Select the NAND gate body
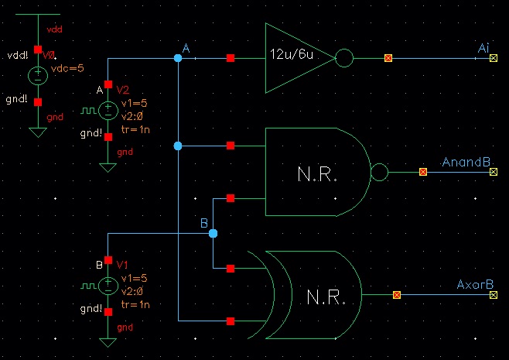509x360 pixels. coord(317,172)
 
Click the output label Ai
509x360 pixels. coord(483,49)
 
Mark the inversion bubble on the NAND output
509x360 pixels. coord(380,172)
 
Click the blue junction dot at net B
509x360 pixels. coord(214,233)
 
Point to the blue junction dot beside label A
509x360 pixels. coord(178,58)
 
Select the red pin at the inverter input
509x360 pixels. coord(231,58)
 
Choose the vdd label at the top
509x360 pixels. coord(54,28)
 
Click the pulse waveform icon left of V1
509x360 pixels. coord(87,287)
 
